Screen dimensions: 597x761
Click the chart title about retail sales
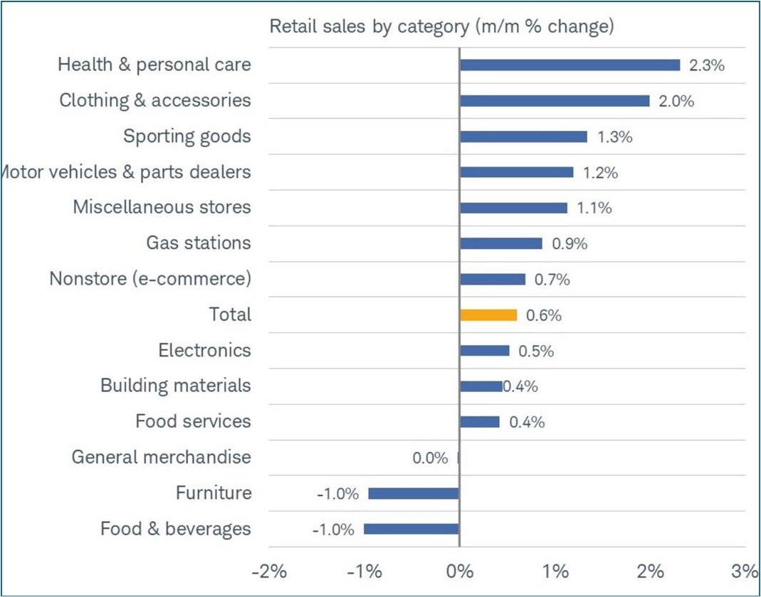pos(441,27)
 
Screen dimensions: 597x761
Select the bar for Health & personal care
pos(570,65)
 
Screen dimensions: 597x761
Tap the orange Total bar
pos(488,315)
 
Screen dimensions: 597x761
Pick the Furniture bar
pos(414,493)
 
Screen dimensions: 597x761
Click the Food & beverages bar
pos(411,529)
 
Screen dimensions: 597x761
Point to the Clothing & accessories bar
pos(555,100)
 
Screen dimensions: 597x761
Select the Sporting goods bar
pos(523,137)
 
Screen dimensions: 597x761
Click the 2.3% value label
pos(707,65)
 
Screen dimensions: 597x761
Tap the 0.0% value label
pos(430,458)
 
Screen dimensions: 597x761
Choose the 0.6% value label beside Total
pos(543,316)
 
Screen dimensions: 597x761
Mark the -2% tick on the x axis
pos(268,571)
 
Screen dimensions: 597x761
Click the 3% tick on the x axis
pos(745,571)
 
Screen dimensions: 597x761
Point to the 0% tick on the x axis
pos(460,571)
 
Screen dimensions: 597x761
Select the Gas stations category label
pos(199,243)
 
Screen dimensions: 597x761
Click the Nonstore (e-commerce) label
pos(150,279)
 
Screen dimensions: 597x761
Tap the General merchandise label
pos(161,457)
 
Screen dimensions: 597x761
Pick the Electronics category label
pos(204,350)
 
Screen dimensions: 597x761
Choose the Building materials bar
pos(481,386)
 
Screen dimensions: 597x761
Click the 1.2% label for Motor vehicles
pos(600,173)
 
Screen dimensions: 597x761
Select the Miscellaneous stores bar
pos(513,208)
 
